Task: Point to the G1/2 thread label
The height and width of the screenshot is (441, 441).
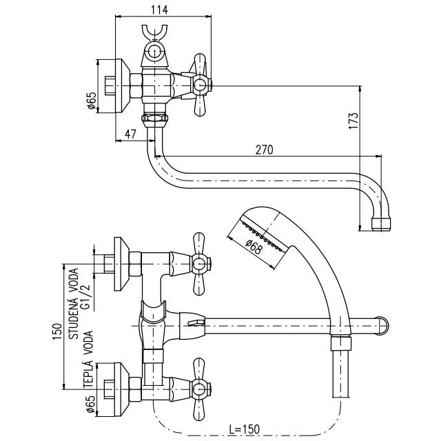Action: click(88, 292)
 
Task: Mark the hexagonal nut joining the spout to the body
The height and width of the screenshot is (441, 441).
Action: click(154, 120)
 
